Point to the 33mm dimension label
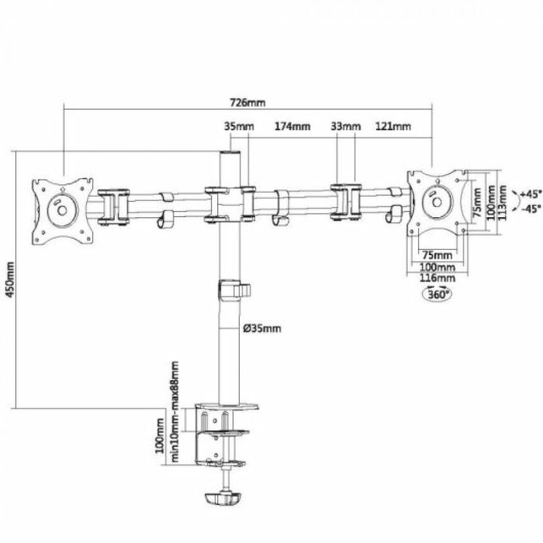pos(346,126)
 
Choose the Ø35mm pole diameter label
pos(262,328)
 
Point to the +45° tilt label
pos(529,194)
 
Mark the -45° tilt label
pos(529,209)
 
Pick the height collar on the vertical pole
pos(233,290)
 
